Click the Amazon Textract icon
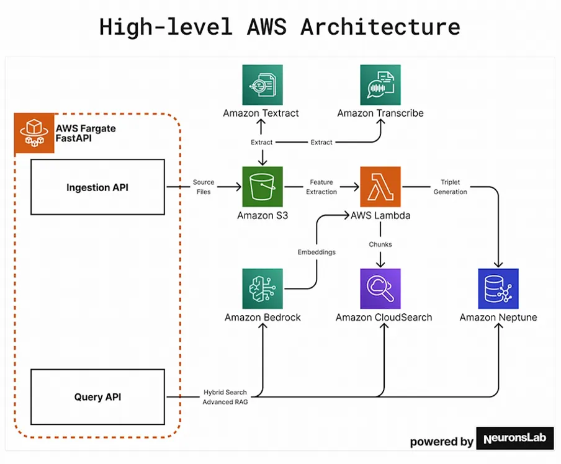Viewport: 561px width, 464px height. (263, 85)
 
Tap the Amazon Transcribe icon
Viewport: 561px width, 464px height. (380, 85)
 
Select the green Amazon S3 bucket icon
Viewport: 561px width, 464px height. (263, 187)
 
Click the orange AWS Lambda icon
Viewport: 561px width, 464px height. (380, 187)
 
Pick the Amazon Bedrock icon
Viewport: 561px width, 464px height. (263, 288)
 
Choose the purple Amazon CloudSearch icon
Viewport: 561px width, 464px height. (380, 288)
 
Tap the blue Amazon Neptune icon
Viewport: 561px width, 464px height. (498, 288)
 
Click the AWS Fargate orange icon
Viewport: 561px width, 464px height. (34, 133)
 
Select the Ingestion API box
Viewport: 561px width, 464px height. (97, 187)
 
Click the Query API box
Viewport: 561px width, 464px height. (97, 397)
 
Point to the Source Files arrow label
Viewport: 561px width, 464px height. (204, 187)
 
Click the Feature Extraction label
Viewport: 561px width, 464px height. (321, 187)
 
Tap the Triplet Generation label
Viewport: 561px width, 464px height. (450, 187)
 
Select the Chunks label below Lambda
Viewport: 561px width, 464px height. (380, 244)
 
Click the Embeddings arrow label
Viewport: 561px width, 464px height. (316, 252)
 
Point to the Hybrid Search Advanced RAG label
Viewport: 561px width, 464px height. (225, 397)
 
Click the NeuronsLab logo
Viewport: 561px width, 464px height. (515, 438)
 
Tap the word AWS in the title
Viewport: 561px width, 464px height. (267, 27)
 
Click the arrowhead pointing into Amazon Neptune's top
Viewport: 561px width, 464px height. (498, 265)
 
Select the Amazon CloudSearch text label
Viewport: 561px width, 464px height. (384, 318)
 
